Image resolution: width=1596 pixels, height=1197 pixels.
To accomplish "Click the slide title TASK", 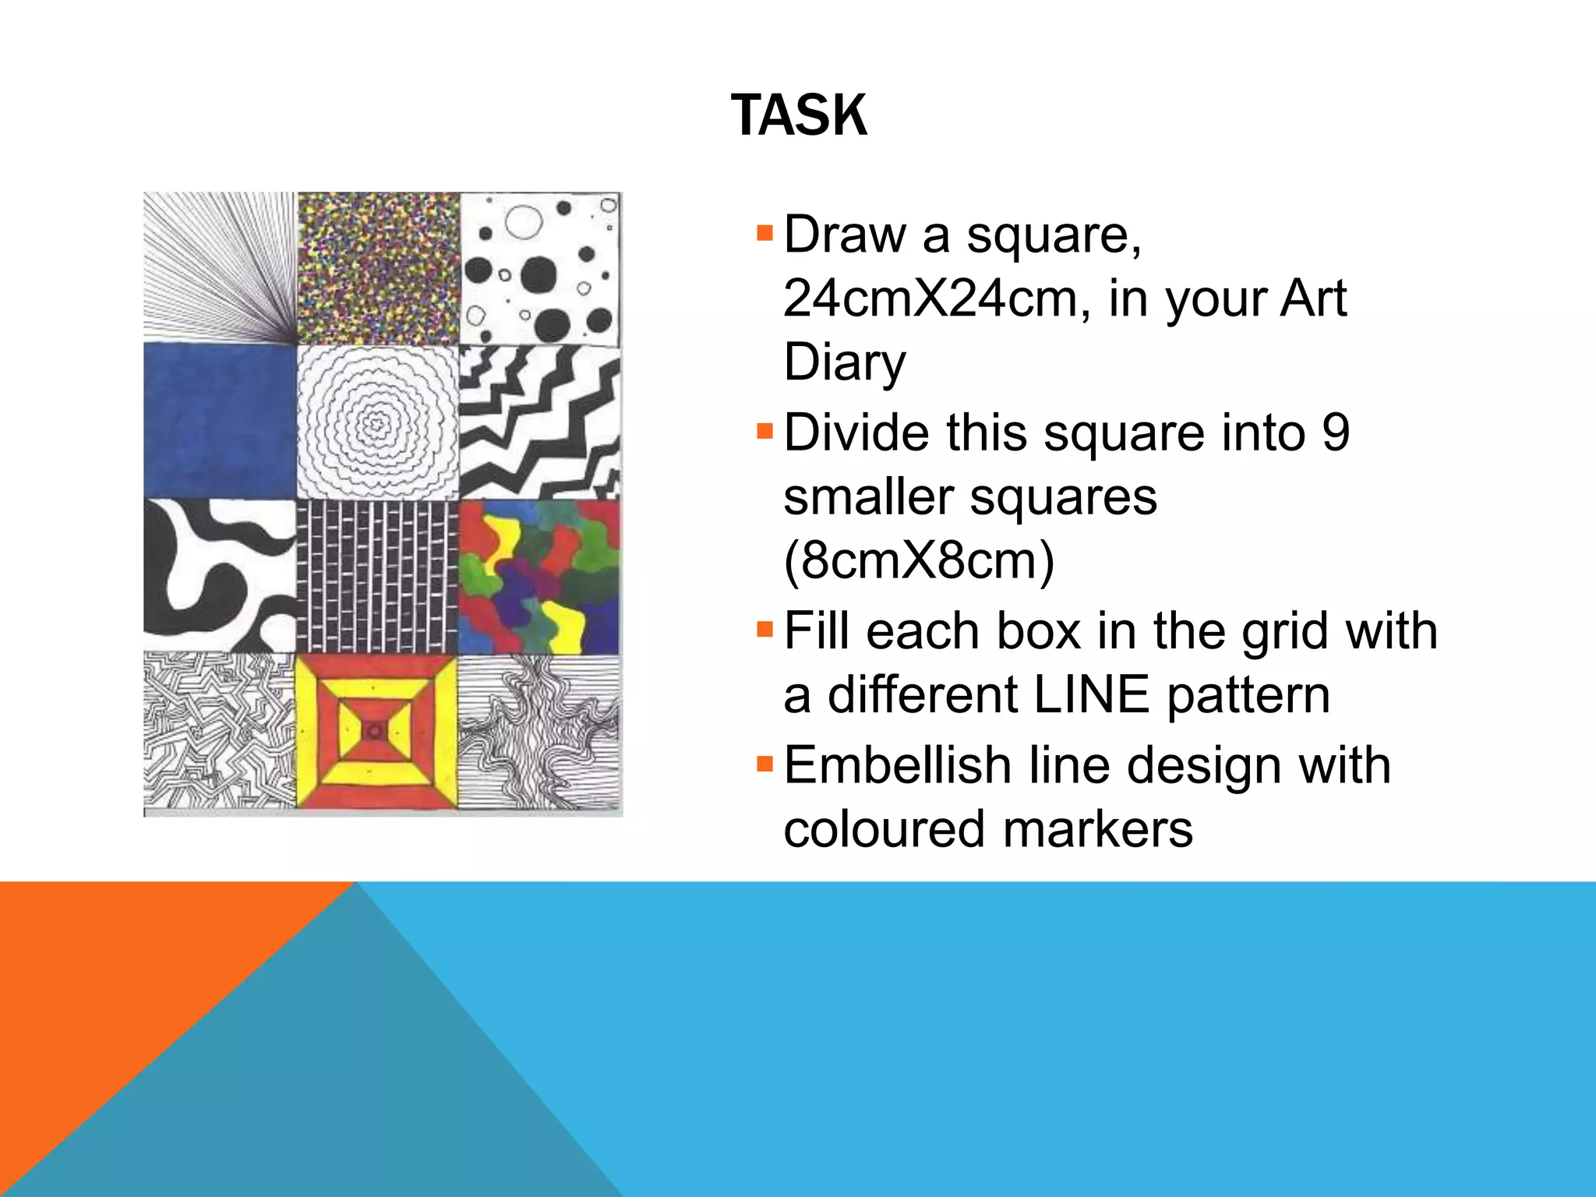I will tap(799, 115).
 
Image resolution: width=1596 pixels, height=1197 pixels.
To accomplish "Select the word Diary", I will tap(845, 363).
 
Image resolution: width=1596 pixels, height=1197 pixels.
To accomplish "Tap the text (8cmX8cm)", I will tap(919, 560).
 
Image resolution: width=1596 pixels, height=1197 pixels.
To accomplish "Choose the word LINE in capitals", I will tap(1091, 695).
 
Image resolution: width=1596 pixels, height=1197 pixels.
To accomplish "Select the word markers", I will tap(1098, 828).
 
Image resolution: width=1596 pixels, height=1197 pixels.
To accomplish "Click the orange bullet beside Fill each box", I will tap(764, 628).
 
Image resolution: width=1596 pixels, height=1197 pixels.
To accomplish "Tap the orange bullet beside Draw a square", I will tap(764, 232).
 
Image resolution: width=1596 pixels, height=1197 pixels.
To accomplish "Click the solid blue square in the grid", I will tap(221, 421).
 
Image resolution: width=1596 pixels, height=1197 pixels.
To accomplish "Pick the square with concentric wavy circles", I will tap(378, 422).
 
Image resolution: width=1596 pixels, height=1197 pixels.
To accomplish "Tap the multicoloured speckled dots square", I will tap(379, 269).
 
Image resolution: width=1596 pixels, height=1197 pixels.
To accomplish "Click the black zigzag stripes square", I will tap(540, 422).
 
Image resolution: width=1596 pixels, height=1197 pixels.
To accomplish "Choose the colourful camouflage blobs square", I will tap(540, 577).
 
